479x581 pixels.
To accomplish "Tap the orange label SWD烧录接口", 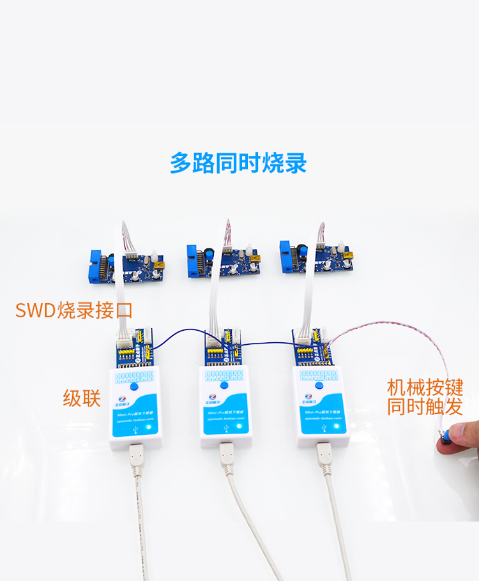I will [74, 311].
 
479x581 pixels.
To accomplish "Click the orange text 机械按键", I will [424, 387].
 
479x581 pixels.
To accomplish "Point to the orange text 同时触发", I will [424, 406].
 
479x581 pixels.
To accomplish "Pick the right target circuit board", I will [319, 259].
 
